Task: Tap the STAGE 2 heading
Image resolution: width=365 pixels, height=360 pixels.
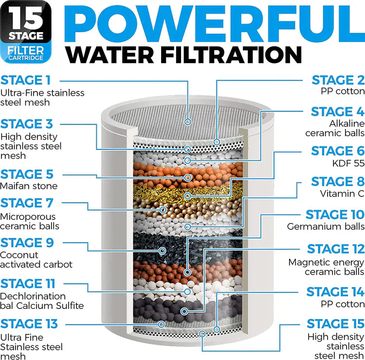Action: [338, 80]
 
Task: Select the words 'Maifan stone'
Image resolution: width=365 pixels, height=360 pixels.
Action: [29, 186]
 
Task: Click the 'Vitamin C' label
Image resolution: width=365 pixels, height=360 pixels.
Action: [342, 194]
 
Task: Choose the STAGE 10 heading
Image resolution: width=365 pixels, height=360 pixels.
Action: [335, 215]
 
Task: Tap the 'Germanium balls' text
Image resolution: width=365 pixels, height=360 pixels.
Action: [326, 226]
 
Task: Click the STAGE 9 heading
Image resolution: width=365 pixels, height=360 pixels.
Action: [27, 242]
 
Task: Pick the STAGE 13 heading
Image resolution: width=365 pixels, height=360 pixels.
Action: [29, 324]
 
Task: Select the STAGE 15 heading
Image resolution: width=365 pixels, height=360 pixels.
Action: [335, 324]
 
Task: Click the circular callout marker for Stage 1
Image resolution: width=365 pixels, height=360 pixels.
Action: [188, 122]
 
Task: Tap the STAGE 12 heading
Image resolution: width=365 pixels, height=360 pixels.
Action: [335, 249]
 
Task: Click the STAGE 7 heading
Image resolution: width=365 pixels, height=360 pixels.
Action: [27, 203]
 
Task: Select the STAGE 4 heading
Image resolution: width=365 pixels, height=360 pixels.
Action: [338, 111]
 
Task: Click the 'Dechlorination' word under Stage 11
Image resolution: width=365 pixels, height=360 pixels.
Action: [33, 296]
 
